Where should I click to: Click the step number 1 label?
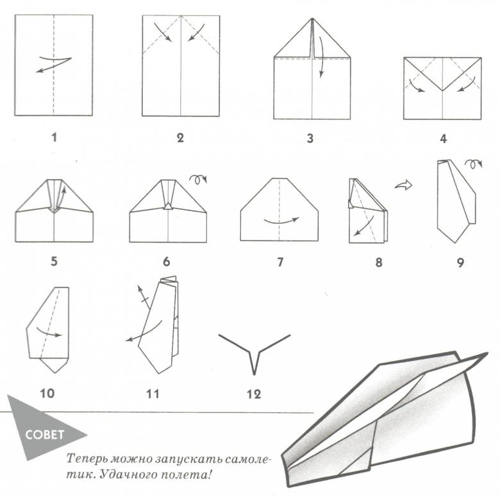[x=54, y=137]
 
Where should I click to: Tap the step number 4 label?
[x=443, y=139]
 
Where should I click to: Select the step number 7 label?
[x=280, y=262]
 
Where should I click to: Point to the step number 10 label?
[x=47, y=393]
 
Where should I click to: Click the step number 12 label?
[x=254, y=394]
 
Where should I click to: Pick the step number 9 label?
[x=460, y=262]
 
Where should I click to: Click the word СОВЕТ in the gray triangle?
[x=45, y=435]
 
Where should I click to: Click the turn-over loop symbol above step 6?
[x=198, y=180]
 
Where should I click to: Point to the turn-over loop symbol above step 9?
[x=473, y=164]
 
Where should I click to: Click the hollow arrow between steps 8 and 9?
[x=404, y=185]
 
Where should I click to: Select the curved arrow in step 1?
[x=53, y=63]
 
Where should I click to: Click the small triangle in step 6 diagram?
[x=168, y=206]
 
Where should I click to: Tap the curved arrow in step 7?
[x=281, y=222]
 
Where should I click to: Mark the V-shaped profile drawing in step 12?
[x=254, y=354]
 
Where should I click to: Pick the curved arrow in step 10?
[x=49, y=332]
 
